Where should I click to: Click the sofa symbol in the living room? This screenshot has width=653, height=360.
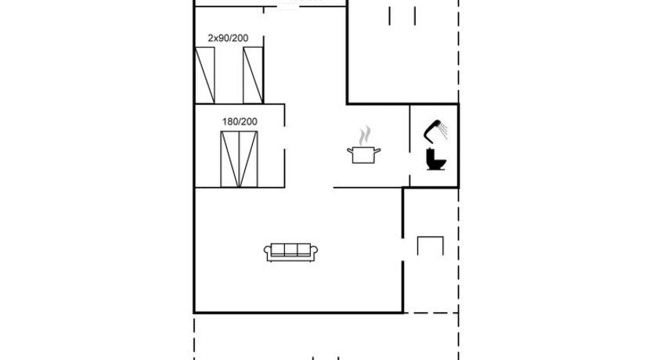pyautogui.click(x=290, y=252)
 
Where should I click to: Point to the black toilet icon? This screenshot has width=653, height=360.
pyautogui.click(x=435, y=160)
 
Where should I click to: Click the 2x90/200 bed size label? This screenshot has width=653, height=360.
pyautogui.click(x=228, y=38)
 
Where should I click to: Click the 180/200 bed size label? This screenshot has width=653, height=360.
pyautogui.click(x=240, y=121)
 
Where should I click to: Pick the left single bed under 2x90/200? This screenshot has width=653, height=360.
pyautogui.click(x=205, y=75)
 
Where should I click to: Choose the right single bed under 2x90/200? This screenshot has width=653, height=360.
pyautogui.click(x=253, y=75)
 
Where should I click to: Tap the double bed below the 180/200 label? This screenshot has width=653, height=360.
pyautogui.click(x=239, y=159)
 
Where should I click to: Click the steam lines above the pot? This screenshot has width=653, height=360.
pyautogui.click(x=365, y=135)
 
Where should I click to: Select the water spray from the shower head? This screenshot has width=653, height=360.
pyautogui.click(x=444, y=130)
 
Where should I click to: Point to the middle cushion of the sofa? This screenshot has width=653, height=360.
pyautogui.click(x=290, y=250)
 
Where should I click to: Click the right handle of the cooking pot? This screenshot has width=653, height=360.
pyautogui.click(x=377, y=151)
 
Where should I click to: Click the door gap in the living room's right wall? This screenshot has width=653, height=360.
pyautogui.click(x=402, y=250)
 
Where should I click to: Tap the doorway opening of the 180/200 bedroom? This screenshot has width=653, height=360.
pyautogui.click(x=284, y=138)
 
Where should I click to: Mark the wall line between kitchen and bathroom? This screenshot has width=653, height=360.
pyautogui.click(x=409, y=146)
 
